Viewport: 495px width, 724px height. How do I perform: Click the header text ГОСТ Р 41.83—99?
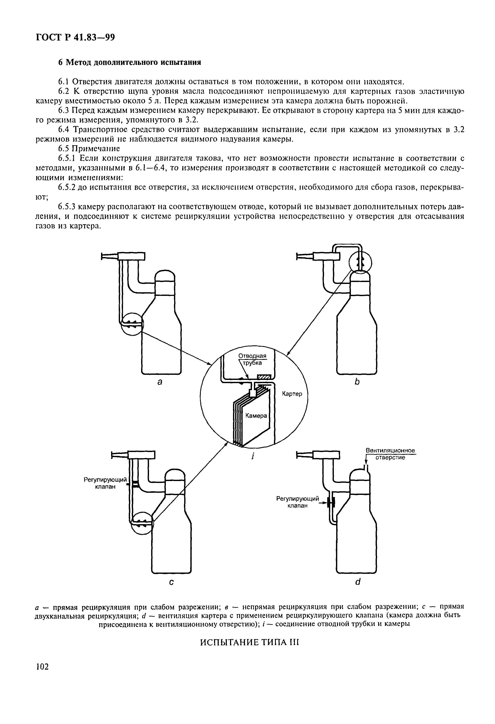tap(75, 38)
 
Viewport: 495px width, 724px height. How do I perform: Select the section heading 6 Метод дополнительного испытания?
tap(130, 62)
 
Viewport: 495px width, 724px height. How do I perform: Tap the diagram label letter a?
tap(159, 382)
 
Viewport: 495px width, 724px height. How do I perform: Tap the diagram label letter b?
tap(357, 382)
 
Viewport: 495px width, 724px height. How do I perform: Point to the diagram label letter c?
tap(171, 582)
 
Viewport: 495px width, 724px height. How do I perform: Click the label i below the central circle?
tap(253, 456)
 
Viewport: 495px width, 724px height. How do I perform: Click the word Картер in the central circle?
tap(292, 394)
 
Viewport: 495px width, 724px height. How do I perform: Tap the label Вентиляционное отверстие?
tap(390, 454)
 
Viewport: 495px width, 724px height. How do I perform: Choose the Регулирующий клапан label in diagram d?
tap(298, 502)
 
